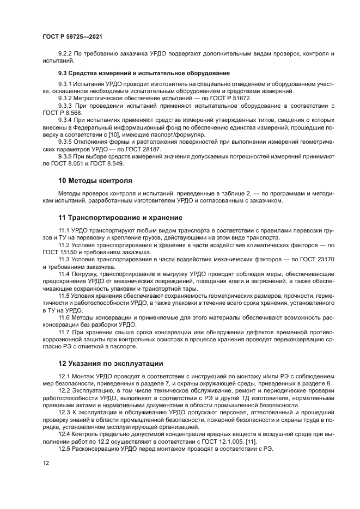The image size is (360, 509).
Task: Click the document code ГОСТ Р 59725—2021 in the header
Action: pyautogui.click(x=72, y=36)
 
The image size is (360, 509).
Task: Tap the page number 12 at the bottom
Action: pyautogui.click(x=46, y=462)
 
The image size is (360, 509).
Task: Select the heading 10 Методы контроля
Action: pyautogui.click(x=95, y=180)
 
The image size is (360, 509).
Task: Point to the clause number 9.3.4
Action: pyautogui.click(x=65, y=120)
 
